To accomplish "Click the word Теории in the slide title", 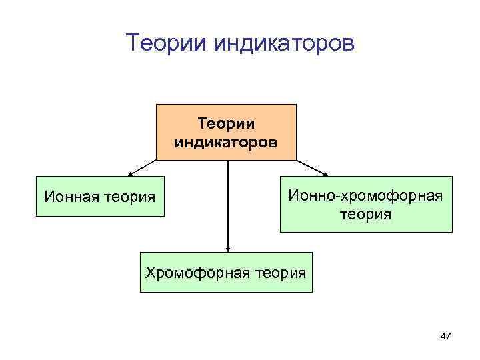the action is [167, 44].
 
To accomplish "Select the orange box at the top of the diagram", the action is [226, 132].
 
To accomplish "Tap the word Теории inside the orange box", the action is [227, 124].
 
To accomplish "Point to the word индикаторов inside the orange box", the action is [227, 141].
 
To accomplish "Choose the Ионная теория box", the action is [100, 197].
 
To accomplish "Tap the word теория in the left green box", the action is [131, 197].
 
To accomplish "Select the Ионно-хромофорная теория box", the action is [365, 204].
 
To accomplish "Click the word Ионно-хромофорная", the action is [365, 196].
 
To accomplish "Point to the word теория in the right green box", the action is [365, 215].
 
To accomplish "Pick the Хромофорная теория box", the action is [226, 272].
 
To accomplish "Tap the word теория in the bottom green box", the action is [279, 272].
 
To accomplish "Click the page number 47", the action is [445, 337].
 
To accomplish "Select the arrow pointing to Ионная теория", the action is [143, 167].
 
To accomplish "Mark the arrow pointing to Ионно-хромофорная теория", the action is [312, 167].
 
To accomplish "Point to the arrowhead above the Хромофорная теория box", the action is [228, 248].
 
